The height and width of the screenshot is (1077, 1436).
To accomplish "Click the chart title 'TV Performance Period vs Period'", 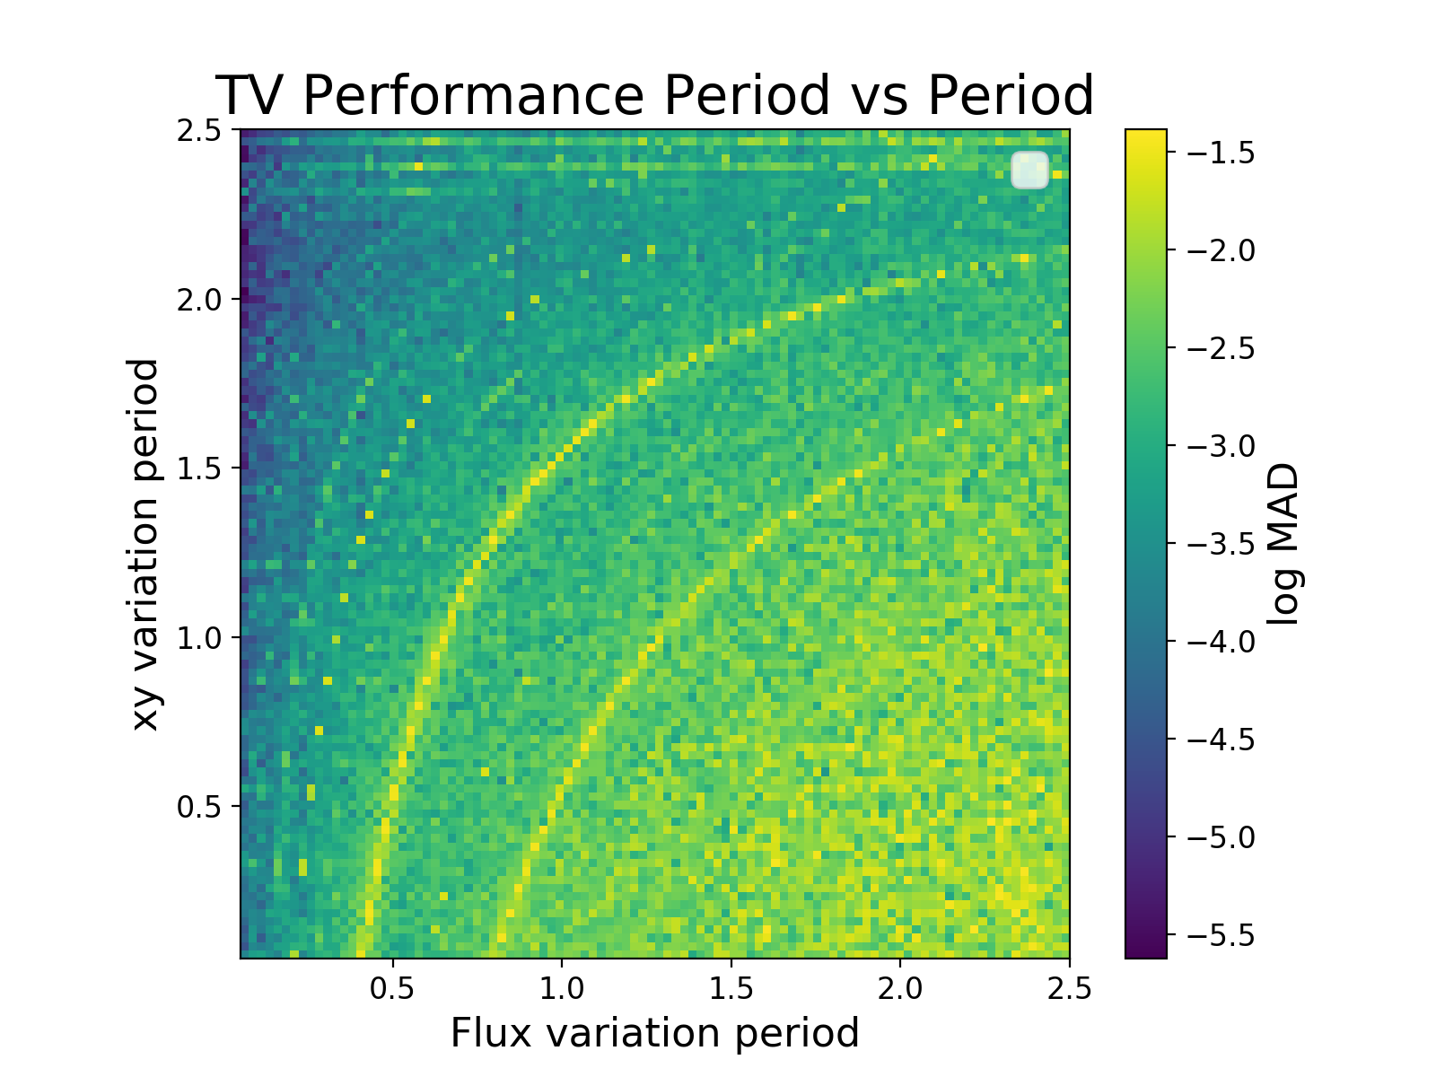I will [654, 95].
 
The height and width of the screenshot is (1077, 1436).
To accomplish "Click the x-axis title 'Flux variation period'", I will [654, 1033].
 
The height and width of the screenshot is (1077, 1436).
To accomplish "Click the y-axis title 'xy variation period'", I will [145, 544].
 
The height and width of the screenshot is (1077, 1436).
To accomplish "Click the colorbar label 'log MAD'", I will [1284, 544].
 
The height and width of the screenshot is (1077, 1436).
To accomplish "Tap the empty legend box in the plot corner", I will [1029, 170].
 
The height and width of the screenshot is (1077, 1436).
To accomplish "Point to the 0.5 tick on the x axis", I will [392, 988].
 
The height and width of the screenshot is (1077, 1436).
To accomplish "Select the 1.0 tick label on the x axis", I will [561, 988].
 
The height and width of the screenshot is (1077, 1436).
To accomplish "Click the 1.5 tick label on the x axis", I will [731, 988].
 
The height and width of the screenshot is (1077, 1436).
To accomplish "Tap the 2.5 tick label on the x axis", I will [1069, 988].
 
